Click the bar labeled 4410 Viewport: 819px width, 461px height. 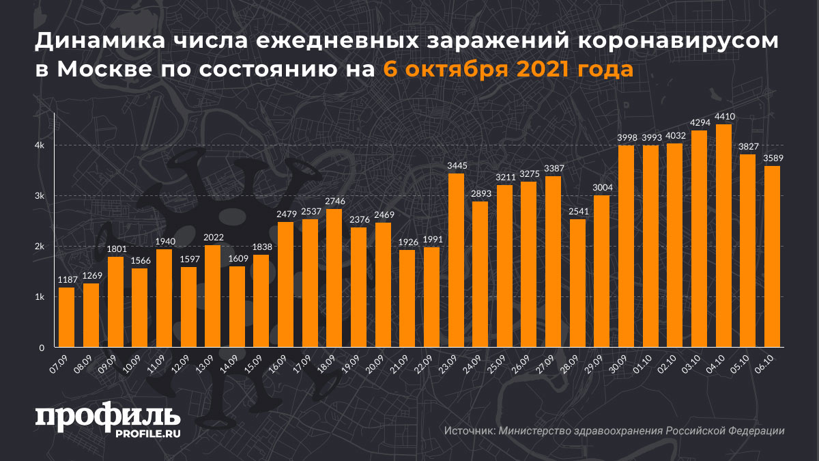point(723,236)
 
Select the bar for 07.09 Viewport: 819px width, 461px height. point(66,318)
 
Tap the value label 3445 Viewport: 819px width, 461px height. point(456,165)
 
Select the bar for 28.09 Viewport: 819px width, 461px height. point(577,283)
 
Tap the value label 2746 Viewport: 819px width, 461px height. point(334,201)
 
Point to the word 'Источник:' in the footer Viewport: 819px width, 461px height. point(469,431)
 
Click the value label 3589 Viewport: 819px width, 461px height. point(772,158)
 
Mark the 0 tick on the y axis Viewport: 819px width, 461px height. point(41,348)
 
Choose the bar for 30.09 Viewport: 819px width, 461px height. point(626,247)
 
